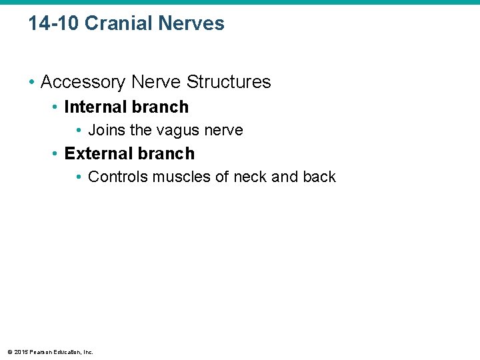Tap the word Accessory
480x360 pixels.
(x=83, y=82)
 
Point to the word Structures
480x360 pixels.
(x=229, y=82)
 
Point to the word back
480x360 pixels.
(x=321, y=177)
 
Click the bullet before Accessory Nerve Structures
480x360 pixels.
(x=31, y=83)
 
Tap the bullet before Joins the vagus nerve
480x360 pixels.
(x=79, y=131)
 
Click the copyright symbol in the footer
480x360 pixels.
(x=9, y=351)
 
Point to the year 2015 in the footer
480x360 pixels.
(x=21, y=351)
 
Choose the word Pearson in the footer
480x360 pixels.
(x=41, y=351)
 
